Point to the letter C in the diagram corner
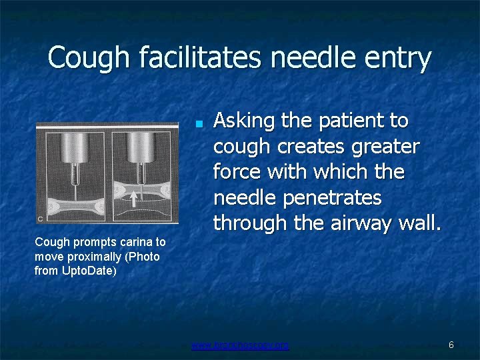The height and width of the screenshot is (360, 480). [x=41, y=217]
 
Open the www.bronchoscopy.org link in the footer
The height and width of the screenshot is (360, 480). [x=240, y=345]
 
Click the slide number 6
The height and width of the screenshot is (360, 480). [x=451, y=345]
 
